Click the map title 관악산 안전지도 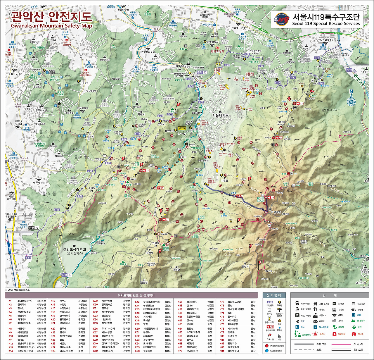click(51, 16)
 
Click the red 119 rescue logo click(281, 19)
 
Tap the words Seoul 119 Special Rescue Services click(326, 24)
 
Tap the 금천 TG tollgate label click(33, 228)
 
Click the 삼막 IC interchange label click(66, 275)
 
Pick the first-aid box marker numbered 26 click(271, 198)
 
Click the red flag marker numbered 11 click(260, 263)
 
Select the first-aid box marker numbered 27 click(165, 219)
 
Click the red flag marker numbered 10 click(250, 246)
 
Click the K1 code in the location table click(10, 301)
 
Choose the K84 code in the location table click(222, 351)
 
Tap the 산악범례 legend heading click(273, 295)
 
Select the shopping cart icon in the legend click(315, 304)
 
